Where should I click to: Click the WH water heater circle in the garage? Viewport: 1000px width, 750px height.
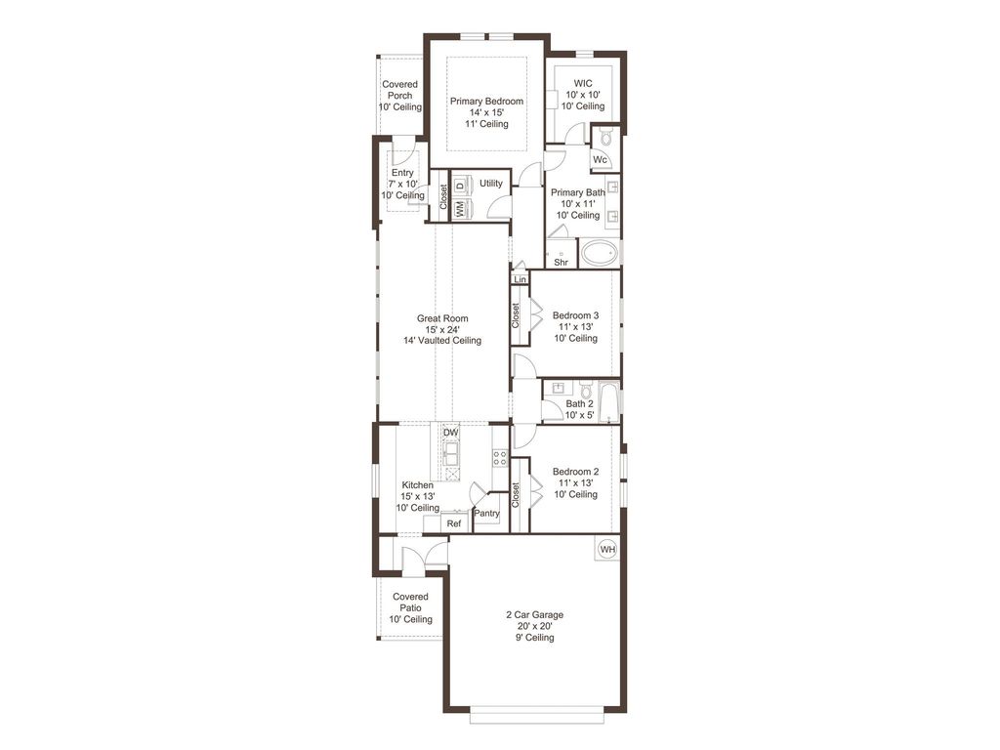[607, 549]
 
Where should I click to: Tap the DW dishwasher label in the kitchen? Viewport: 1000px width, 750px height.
[451, 433]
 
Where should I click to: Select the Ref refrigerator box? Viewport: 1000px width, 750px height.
[453, 523]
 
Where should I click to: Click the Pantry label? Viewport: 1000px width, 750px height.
[486, 514]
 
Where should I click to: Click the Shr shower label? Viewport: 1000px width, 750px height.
[562, 262]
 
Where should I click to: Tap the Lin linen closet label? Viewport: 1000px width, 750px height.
[520, 279]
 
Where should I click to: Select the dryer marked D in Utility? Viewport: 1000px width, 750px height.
[460, 186]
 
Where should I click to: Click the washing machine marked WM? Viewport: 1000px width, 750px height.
[460, 209]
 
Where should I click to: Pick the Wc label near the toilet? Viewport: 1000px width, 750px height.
[600, 159]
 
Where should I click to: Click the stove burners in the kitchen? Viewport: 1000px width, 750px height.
[500, 457]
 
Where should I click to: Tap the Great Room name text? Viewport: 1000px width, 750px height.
[442, 318]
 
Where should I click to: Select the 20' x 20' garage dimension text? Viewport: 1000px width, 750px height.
[535, 626]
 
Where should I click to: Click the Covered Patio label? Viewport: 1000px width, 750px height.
[411, 602]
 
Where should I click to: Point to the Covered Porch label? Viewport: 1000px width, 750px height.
[399, 90]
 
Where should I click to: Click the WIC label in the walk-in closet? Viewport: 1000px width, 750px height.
[583, 83]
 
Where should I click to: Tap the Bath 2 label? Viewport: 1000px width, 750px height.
[580, 403]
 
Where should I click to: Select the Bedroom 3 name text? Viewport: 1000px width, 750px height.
[576, 315]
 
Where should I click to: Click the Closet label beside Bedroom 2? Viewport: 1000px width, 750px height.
[516, 495]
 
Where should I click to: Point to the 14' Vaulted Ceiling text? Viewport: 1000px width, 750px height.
[442, 341]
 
